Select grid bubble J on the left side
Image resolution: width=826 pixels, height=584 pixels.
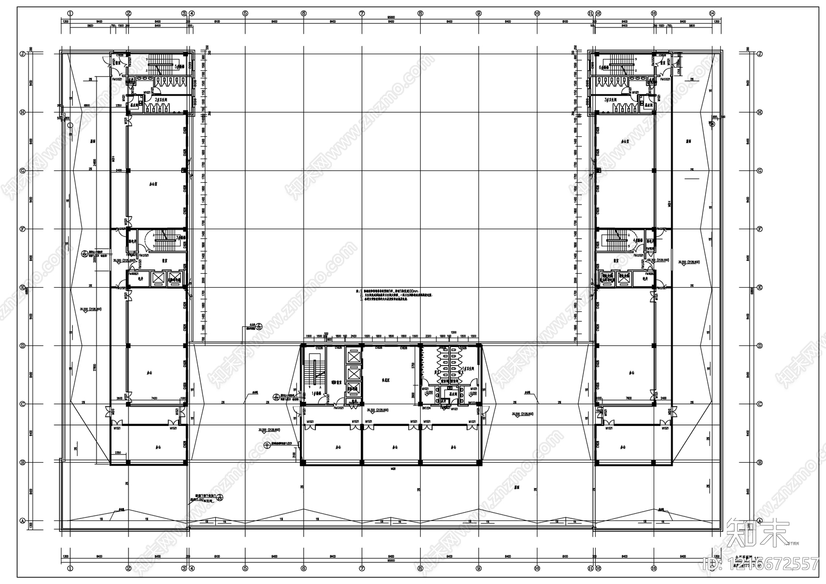pos(23,54)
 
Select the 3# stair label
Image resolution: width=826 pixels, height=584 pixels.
pos(180,238)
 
